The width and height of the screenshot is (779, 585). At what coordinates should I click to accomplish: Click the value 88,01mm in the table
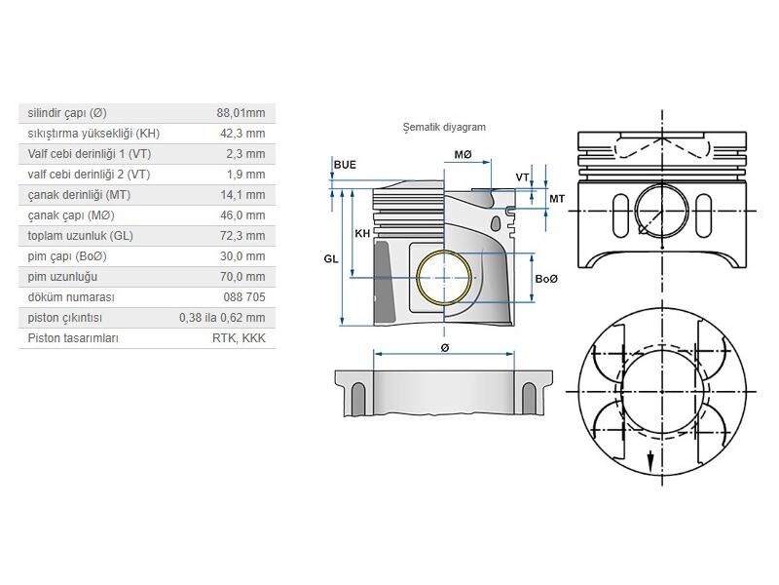241,113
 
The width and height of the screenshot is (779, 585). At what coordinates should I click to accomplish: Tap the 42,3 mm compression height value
242,134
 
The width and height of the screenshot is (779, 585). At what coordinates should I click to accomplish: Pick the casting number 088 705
243,297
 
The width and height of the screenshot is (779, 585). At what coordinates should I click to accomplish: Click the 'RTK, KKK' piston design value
239,338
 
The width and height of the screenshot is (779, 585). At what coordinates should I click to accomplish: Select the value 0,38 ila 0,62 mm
222,318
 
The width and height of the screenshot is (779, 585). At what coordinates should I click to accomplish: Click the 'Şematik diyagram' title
444,128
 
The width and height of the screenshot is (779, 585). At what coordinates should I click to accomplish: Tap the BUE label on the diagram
345,165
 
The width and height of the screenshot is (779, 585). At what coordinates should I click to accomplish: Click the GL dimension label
331,258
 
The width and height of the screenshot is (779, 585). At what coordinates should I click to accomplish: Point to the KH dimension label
362,233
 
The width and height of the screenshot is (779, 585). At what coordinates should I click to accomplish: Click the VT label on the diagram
523,177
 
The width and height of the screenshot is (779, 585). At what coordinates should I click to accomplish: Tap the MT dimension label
558,199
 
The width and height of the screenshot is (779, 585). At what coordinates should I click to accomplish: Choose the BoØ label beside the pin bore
547,279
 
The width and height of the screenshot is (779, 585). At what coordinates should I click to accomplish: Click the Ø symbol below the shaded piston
445,348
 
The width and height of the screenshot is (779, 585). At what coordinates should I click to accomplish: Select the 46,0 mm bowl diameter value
242,215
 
